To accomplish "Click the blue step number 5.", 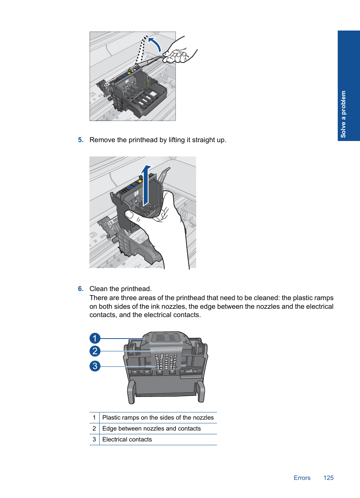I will point(81,140).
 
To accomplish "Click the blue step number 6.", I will point(81,289).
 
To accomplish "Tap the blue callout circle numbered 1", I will point(95,338).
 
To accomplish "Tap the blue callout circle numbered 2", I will point(95,351).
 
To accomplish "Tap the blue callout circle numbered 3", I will point(95,366).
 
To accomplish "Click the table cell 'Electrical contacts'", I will point(127,440).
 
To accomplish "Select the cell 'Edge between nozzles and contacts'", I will point(151,429).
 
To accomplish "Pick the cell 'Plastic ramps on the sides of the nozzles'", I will point(158,418).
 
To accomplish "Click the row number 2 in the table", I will point(94,429).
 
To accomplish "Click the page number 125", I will point(328,478).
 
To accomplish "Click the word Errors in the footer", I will point(302,478).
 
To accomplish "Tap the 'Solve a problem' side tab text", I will point(343,114).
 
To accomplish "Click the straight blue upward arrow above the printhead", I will point(146,185).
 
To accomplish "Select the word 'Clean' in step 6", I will point(98,289).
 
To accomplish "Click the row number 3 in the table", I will point(94,440).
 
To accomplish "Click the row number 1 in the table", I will point(94,418).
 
